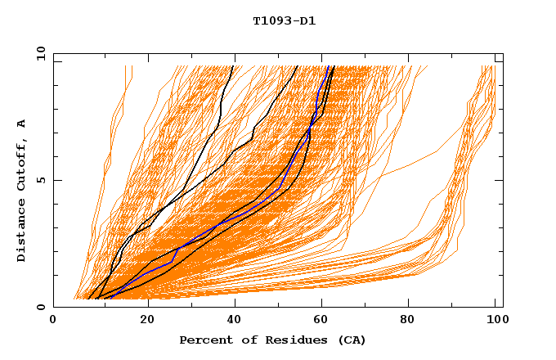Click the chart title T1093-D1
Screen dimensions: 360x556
(x=284, y=21)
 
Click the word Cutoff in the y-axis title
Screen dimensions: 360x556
(x=21, y=165)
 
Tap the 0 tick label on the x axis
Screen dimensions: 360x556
(x=54, y=320)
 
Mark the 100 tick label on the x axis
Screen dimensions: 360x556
(x=495, y=320)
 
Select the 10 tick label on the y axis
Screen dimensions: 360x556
(x=40, y=53)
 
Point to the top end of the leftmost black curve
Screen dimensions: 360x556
(x=233, y=66)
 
